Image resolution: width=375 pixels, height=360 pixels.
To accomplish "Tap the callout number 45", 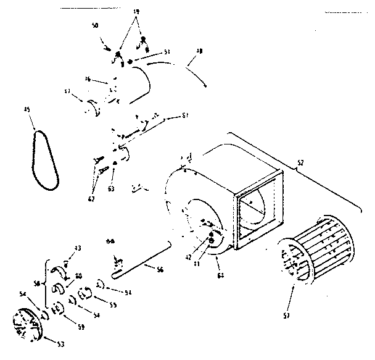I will click(27, 110).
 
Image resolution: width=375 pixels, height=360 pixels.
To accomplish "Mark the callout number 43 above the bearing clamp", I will click(78, 248).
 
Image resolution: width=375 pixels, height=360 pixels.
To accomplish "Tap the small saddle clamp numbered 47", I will click(96, 109).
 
